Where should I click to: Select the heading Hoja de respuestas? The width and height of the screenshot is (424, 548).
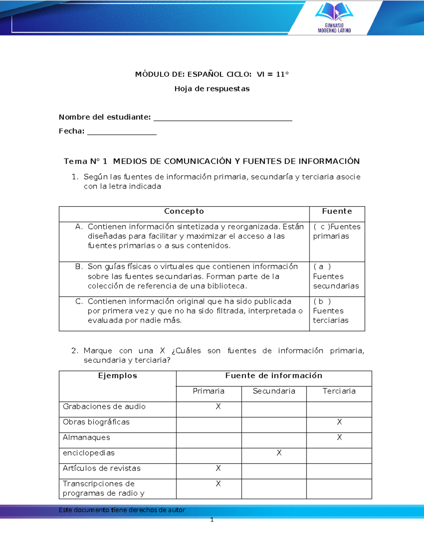[x=212, y=89]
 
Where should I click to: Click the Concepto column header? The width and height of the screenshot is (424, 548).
[x=184, y=211]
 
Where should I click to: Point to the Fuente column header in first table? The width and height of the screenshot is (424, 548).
[x=337, y=211]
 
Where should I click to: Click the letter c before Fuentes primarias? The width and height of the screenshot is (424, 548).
[x=323, y=227]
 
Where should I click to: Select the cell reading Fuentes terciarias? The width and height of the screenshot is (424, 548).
[x=331, y=315]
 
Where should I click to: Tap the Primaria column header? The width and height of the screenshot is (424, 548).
[x=208, y=391]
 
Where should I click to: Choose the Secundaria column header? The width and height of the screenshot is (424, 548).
[x=274, y=391]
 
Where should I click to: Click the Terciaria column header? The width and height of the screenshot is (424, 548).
[x=339, y=391]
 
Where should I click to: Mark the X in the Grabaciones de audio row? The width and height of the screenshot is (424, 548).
[x=218, y=407]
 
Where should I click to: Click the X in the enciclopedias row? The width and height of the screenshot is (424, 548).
[x=279, y=453]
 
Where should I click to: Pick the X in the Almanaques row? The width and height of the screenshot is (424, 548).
[x=339, y=438]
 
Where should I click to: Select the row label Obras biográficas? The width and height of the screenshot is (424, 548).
[x=96, y=422]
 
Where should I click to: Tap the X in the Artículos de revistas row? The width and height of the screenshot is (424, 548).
[x=218, y=468]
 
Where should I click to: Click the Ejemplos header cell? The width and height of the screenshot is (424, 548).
[x=117, y=376]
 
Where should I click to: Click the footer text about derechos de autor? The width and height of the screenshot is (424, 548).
[x=122, y=510]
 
